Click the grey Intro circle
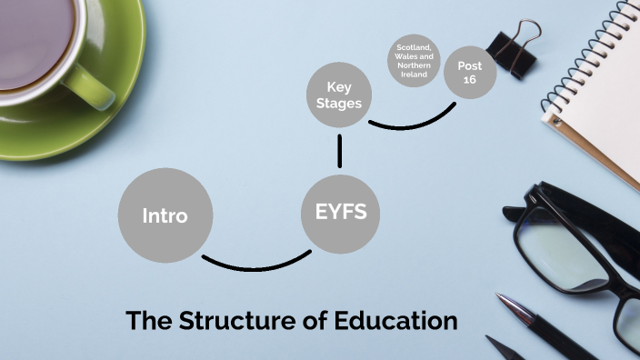[165, 215]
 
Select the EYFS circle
[340, 214]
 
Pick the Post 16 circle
[470, 72]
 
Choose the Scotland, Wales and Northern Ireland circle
[413, 61]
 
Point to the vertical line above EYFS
[340, 151]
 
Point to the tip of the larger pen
[501, 297]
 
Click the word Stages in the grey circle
[339, 103]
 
